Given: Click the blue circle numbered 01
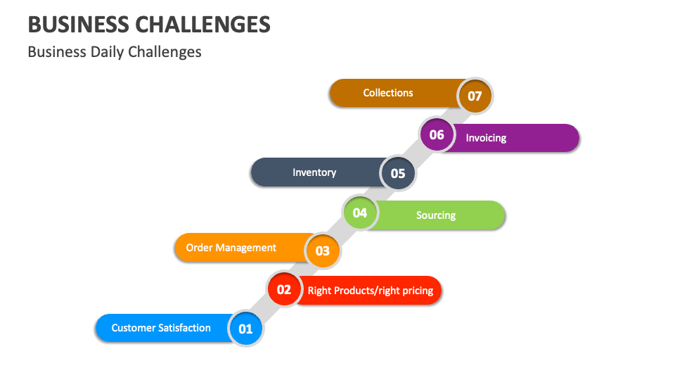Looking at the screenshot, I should pos(245,329).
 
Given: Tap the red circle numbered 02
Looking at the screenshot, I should pos(284,289).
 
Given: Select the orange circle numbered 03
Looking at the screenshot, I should pos(323,251).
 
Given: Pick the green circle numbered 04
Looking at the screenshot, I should pos(360,212).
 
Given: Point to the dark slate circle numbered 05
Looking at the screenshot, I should pos(398,173).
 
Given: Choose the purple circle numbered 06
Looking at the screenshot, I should pos(437,134).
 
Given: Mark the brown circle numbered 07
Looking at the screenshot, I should pos(475,96).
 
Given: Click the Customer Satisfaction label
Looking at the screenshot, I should pos(161,328).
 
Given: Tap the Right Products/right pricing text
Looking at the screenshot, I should pos(371,291).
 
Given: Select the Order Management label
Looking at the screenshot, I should pos(231,248).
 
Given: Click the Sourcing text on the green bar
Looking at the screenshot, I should pos(436,215).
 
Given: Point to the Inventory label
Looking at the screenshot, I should pos(314,172).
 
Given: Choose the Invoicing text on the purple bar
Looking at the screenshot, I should pos(486,138).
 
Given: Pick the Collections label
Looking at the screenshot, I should pos(388,93).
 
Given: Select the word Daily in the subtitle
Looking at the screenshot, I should pos(105,52).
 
